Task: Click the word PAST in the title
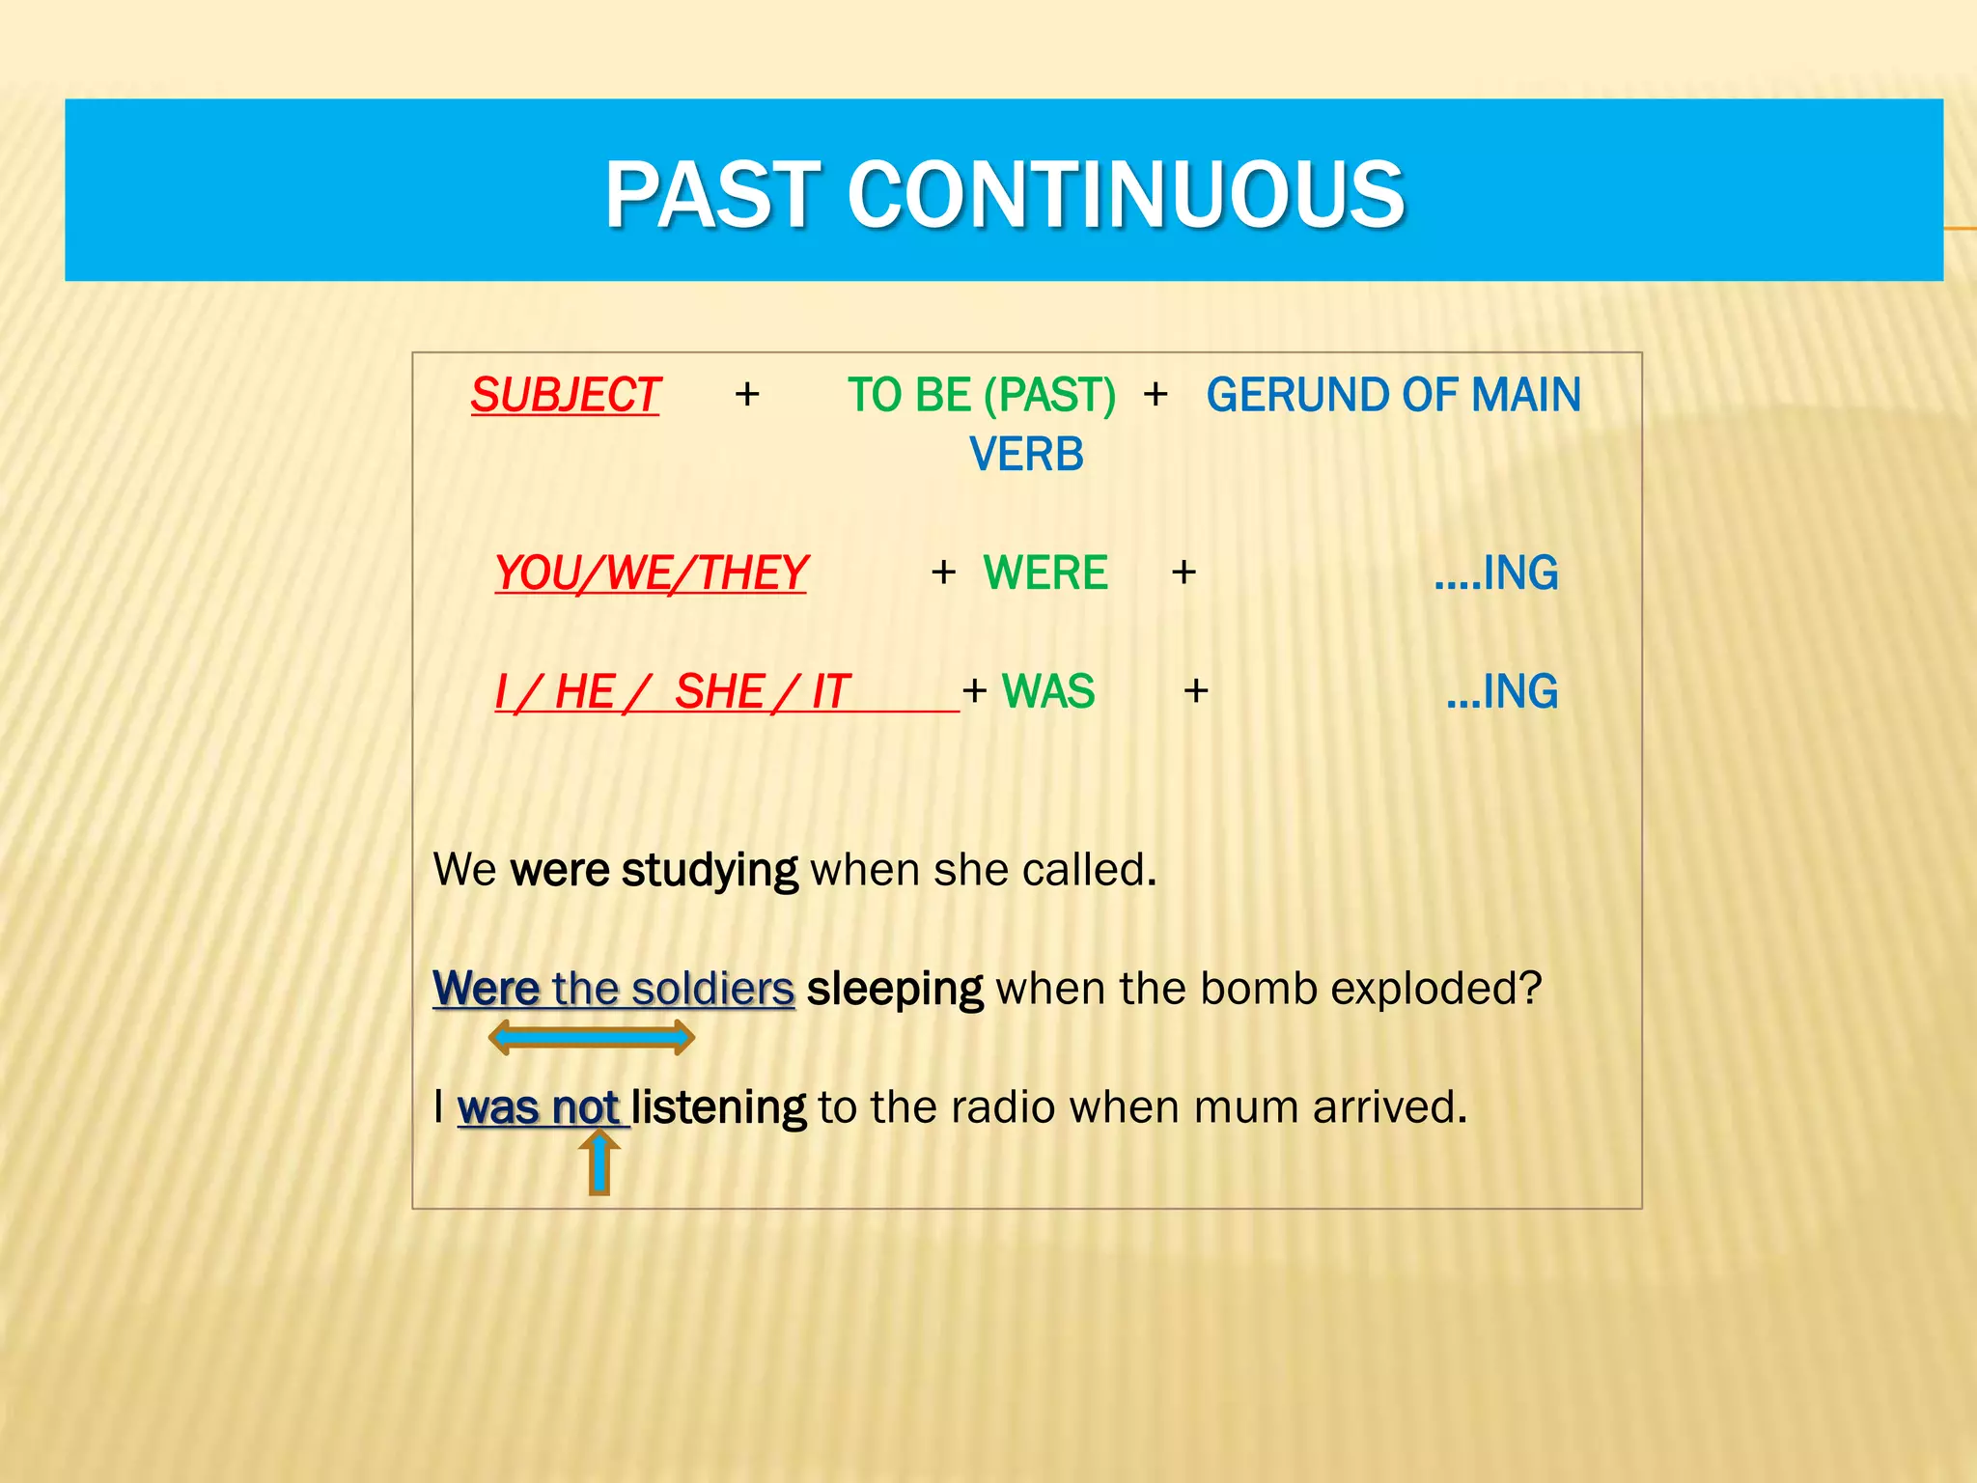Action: [712, 195]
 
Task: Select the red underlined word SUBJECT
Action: [565, 395]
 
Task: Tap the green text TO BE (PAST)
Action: [981, 395]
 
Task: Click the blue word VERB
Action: [1026, 455]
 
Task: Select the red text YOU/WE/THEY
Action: [651, 573]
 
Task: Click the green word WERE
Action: [1044, 573]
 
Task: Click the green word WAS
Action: [1048, 691]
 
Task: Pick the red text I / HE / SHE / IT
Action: [672, 691]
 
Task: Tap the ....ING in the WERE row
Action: [1495, 573]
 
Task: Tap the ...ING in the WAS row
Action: [1501, 691]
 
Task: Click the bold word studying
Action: [710, 870]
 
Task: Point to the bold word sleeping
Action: [894, 989]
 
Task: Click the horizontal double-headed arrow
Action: [591, 1038]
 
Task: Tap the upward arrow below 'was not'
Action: [599, 1162]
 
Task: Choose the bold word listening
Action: [718, 1107]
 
